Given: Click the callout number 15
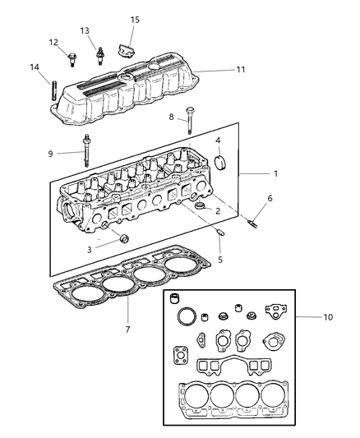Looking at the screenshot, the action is (135, 20).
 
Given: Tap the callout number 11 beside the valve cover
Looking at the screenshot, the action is (241, 70).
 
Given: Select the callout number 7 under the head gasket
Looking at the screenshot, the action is (128, 330).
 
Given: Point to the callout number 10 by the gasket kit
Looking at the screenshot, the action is (328, 317).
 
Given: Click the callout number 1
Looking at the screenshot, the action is (275, 173).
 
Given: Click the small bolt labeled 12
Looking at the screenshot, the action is (72, 59).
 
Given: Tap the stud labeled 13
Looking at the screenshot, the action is (99, 56).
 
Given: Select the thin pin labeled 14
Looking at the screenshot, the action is (53, 90).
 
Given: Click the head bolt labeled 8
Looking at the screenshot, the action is (190, 121).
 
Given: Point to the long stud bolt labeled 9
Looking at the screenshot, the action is (86, 150).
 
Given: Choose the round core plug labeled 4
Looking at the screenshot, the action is (220, 163).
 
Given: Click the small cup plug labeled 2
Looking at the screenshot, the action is (200, 206).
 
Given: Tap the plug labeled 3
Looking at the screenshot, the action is (124, 239).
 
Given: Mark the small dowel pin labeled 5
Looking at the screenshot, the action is (220, 232).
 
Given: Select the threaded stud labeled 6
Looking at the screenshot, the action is (252, 224).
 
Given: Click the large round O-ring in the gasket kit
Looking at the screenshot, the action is (187, 316).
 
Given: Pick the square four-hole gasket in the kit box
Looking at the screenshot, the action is (181, 356).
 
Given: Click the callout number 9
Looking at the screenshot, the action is (51, 154).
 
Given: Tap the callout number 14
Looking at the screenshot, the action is (35, 67).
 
